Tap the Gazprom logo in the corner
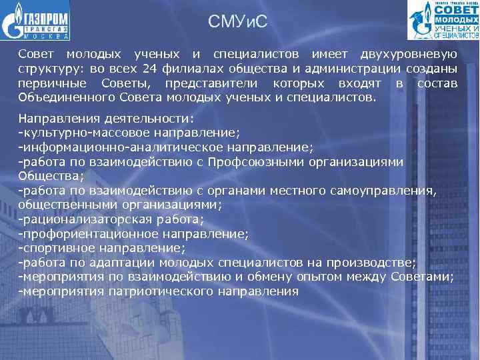36,21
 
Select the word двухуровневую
409,54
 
